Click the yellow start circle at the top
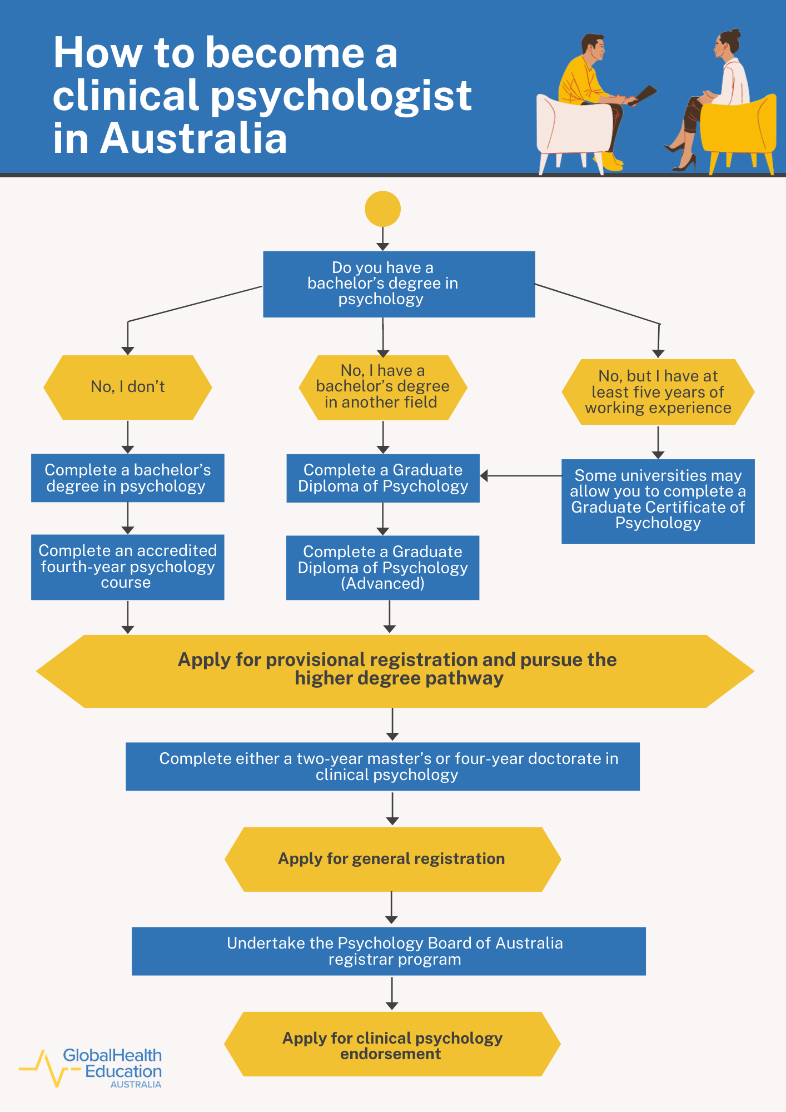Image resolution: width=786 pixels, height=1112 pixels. point(382,209)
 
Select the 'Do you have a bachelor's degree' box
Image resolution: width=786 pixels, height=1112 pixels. point(399,284)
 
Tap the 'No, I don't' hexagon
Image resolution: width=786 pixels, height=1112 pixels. point(128,387)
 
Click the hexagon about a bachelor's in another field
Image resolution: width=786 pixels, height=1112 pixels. point(382,387)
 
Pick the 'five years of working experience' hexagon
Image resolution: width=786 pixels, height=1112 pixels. point(658,392)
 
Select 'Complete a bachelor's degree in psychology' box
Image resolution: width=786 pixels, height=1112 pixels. point(128,478)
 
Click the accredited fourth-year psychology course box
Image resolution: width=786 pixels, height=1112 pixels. point(128,567)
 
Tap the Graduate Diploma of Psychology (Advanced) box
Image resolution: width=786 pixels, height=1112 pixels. point(382,568)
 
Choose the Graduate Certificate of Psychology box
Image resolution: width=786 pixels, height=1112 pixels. point(658,500)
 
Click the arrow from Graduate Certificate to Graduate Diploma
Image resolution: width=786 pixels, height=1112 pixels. point(520,476)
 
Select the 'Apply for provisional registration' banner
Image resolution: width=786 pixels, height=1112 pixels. point(395,671)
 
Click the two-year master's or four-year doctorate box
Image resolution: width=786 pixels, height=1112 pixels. point(382,766)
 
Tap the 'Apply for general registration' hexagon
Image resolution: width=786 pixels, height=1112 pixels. point(392,859)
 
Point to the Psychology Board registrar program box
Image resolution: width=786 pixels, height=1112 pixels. point(389,951)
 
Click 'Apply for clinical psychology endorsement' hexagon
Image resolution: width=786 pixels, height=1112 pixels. point(392,1045)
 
